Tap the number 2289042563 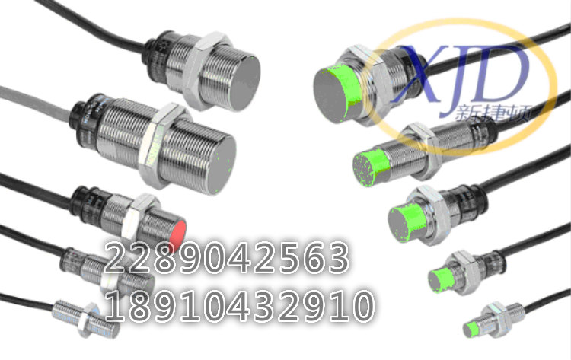226,259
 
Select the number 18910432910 240,305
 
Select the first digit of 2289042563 116,259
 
